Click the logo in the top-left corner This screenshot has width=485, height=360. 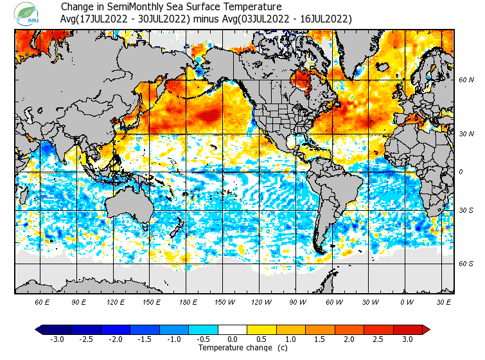[x=29, y=14]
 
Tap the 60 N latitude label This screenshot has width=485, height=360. [x=466, y=80]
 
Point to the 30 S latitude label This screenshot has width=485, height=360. [x=466, y=211]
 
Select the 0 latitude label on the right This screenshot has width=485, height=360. [x=461, y=172]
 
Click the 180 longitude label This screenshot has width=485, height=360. [x=188, y=301]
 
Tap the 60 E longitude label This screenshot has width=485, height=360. [x=42, y=301]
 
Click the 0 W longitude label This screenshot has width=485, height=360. [x=407, y=301]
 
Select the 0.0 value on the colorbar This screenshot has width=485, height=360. [x=233, y=339]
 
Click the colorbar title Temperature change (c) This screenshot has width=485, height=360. [x=234, y=348]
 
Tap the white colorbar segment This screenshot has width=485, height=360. [x=233, y=329]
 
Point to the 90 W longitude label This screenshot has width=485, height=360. [x=297, y=301]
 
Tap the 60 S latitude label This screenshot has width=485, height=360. [x=466, y=263]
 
